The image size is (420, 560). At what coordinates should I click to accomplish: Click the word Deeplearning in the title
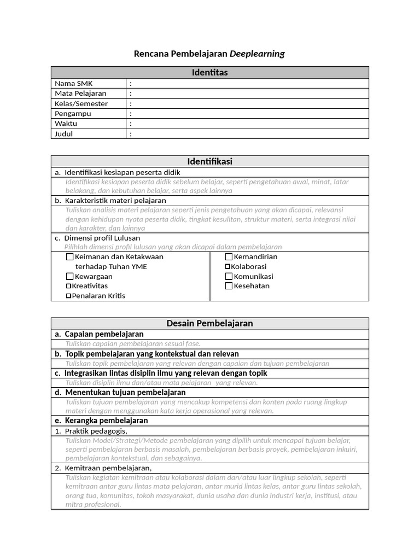click(x=257, y=54)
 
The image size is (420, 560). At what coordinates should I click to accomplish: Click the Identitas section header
click(x=209, y=73)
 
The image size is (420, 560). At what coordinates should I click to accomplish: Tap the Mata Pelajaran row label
click(x=80, y=94)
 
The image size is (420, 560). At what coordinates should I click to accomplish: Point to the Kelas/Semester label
click(x=81, y=104)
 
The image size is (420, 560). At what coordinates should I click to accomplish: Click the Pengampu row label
click(x=73, y=114)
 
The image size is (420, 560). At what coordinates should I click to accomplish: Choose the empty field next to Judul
click(x=249, y=134)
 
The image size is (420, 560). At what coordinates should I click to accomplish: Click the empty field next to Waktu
click(x=249, y=124)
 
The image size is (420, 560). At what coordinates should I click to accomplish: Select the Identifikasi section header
click(x=209, y=161)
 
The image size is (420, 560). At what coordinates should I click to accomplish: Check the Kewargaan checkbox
click(x=69, y=277)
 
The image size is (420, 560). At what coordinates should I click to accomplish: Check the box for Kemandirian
click(x=229, y=257)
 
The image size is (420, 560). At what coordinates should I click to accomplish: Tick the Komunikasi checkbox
click(x=229, y=277)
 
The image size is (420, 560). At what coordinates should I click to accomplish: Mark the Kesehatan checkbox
click(x=229, y=286)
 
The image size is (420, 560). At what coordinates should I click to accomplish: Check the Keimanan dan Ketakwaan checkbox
click(x=69, y=257)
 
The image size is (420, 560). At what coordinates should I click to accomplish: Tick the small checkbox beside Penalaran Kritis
click(x=69, y=296)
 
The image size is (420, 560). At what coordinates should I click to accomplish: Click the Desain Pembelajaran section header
click(x=209, y=323)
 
